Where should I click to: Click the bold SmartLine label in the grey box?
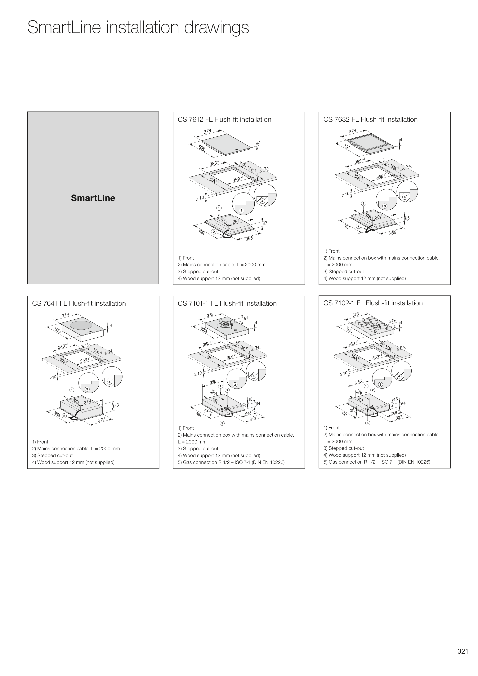(93, 198)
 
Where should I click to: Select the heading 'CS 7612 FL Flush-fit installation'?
(224, 120)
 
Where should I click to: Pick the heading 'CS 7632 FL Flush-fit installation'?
(370, 120)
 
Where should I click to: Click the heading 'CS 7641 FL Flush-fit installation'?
(79, 304)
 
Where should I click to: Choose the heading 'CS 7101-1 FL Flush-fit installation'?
(227, 304)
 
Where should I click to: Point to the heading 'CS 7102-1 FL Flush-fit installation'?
(373, 303)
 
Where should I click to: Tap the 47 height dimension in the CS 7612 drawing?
(265, 223)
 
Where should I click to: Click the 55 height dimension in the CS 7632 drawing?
(407, 218)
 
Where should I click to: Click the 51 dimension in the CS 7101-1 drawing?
(246, 318)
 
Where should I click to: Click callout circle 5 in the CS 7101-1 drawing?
(222, 423)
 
